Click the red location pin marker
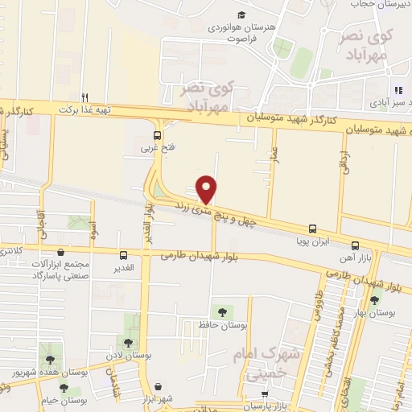(207, 188)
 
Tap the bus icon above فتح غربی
(158, 135)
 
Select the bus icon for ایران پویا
(313, 229)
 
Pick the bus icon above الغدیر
(122, 255)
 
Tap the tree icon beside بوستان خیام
(64, 387)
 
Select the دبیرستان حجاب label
(379, 4)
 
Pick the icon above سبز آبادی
(398, 91)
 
